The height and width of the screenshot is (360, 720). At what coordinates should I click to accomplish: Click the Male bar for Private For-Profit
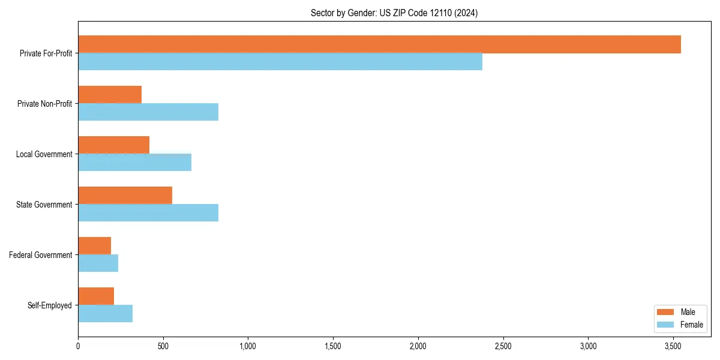pos(379,44)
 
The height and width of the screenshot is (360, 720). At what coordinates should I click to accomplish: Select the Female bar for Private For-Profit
pos(280,62)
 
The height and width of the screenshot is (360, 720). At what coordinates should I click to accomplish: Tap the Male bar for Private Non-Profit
pos(110,95)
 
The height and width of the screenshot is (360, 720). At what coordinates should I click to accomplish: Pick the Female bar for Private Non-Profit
pos(148,112)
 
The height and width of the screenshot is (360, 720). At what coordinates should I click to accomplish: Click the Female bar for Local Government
pos(134,163)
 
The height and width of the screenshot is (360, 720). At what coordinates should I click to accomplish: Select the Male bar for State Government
pos(125,196)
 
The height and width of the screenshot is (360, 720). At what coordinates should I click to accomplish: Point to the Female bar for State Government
pos(148,213)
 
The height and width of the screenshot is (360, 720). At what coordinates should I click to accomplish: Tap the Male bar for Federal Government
pos(94,246)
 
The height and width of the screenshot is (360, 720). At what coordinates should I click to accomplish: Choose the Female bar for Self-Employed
pos(105,314)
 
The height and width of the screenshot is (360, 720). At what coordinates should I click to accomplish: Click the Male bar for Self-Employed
pos(96,296)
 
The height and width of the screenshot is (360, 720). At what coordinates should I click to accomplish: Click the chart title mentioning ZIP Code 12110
pos(394,13)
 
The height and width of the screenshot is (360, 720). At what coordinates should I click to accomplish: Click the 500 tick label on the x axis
pos(163,346)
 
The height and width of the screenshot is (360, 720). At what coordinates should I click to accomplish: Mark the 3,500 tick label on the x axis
pos(673,346)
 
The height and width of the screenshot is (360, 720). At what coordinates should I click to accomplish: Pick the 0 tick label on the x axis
pos(78,346)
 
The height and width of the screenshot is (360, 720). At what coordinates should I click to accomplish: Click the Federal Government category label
pos(41,255)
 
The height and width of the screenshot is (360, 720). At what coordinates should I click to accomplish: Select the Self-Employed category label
pos(50,305)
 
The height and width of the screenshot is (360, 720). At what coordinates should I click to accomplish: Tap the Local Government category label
pos(44,154)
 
